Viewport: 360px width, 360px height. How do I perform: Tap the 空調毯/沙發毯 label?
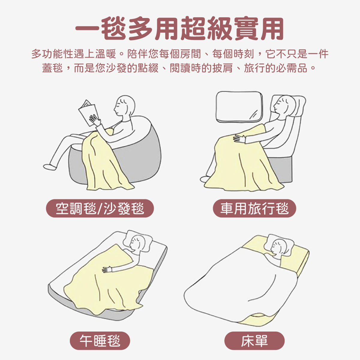coord(100,208)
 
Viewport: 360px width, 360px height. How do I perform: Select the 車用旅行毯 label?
coord(255,208)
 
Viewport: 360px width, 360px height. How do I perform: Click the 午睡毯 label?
coord(100,341)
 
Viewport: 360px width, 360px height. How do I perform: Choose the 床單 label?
coord(254,341)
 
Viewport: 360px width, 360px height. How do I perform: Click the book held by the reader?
coord(88,112)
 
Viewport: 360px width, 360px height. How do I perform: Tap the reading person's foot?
coord(50,167)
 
